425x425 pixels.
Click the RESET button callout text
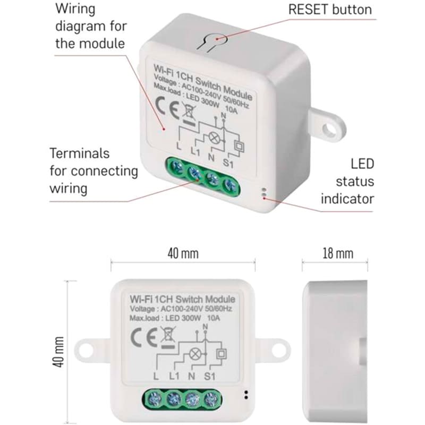pos(329,10)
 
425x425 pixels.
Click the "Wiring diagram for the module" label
pos(90,25)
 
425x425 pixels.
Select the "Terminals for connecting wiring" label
pos(93,171)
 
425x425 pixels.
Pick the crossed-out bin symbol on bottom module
pos(168,338)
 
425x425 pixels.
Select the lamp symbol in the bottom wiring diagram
pos(197,353)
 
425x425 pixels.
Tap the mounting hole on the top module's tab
pos(333,128)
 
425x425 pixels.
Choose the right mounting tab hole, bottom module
pos(277,351)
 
